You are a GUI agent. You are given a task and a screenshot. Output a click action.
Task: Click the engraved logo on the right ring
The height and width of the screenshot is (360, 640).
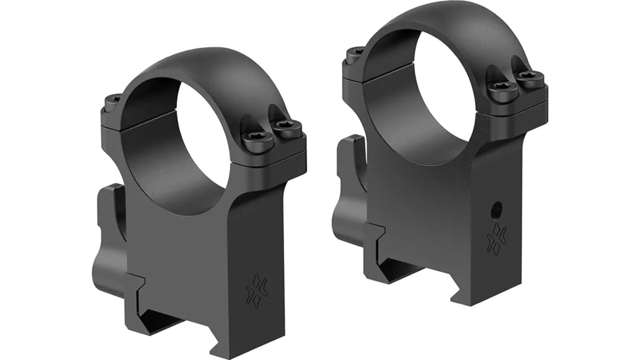[497, 238]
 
